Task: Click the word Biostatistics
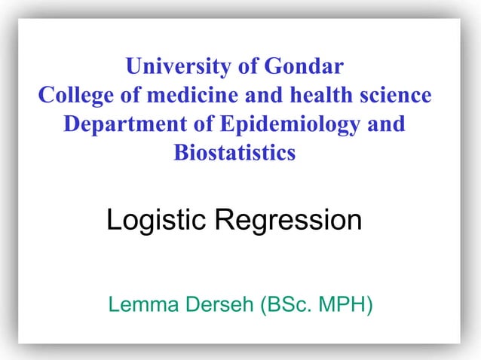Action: pyautogui.click(x=235, y=153)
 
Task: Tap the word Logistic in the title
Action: pyautogui.click(x=157, y=221)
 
